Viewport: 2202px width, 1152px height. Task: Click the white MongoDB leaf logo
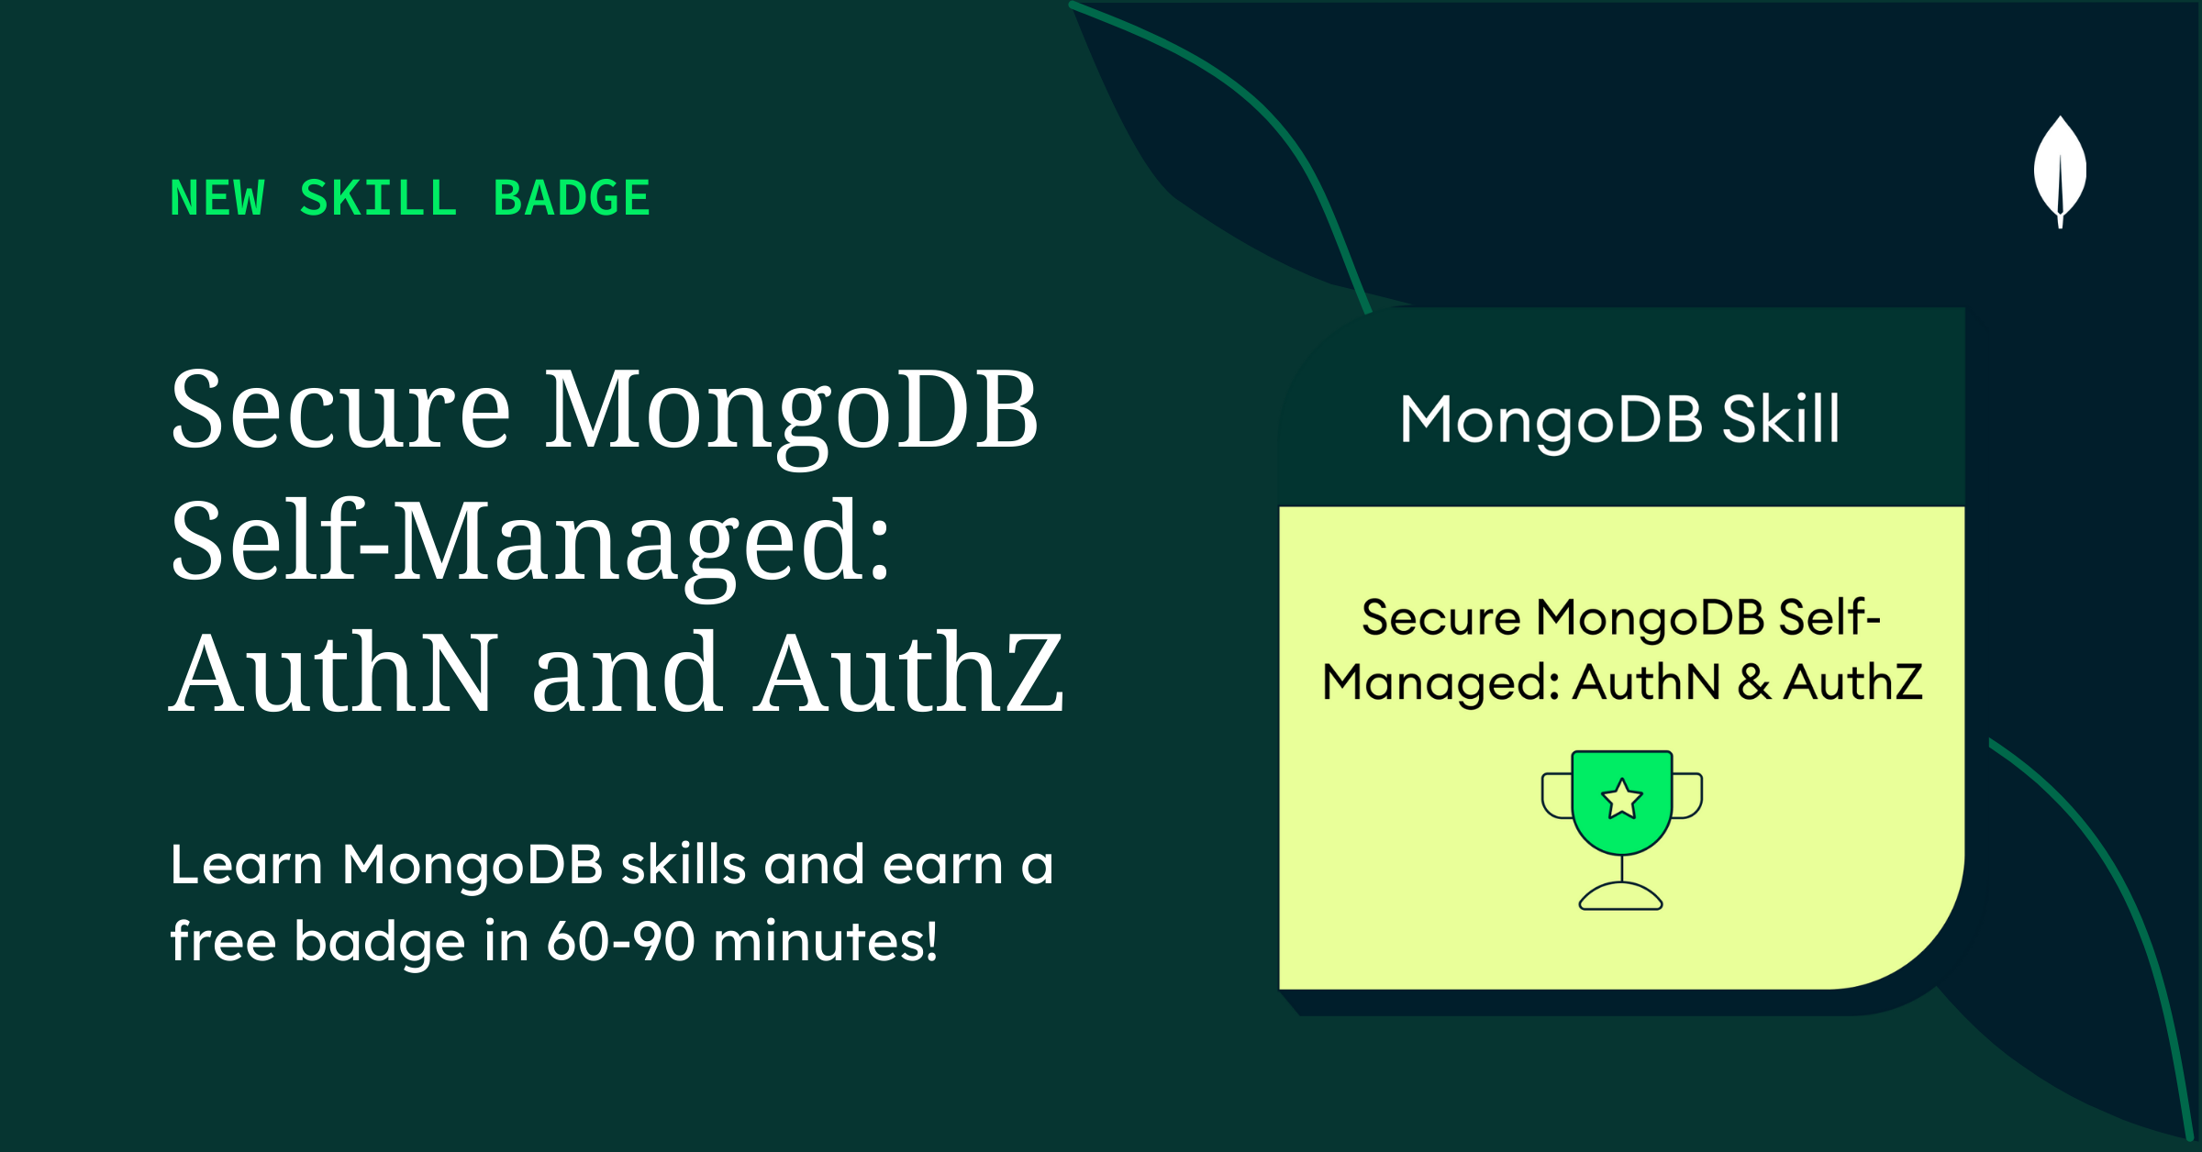click(2060, 171)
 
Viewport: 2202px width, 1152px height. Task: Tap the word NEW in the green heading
click(218, 198)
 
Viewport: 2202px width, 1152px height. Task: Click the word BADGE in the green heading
click(572, 198)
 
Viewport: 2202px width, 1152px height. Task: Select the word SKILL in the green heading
click(379, 198)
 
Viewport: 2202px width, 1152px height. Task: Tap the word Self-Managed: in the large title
click(530, 543)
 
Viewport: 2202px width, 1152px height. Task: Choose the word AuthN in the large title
click(335, 673)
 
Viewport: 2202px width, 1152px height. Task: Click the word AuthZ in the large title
click(908, 673)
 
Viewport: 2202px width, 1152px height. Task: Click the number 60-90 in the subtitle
click(621, 941)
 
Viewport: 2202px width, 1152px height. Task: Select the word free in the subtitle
click(223, 941)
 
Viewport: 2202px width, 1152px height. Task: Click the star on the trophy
click(1621, 798)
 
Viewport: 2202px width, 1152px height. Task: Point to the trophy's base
click(1620, 896)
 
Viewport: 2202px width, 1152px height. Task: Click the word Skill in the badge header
click(1781, 419)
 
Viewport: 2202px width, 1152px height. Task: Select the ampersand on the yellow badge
click(1753, 682)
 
